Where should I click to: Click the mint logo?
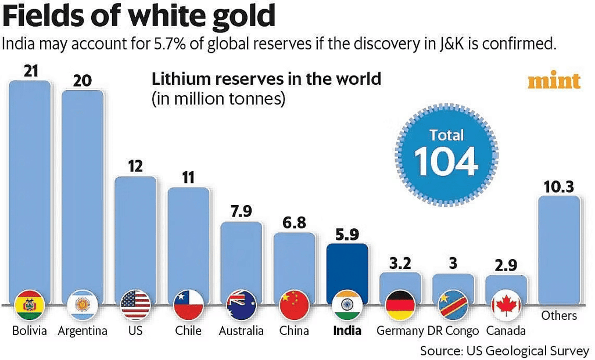coord(554,81)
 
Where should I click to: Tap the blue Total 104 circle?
coord(446,153)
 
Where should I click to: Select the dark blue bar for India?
coord(347,267)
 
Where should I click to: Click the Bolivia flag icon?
coord(29,304)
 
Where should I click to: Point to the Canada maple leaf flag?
coord(506,304)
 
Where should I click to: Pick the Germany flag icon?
coord(400,304)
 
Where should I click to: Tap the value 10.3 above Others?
coord(559,186)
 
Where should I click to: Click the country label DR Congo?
coord(453,331)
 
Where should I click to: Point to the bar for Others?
coord(559,250)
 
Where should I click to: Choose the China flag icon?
coord(294,304)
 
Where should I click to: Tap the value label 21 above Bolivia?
coord(30,71)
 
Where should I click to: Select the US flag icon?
coord(135,304)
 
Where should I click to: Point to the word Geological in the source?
coord(515,351)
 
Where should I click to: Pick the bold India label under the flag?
coord(347,331)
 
